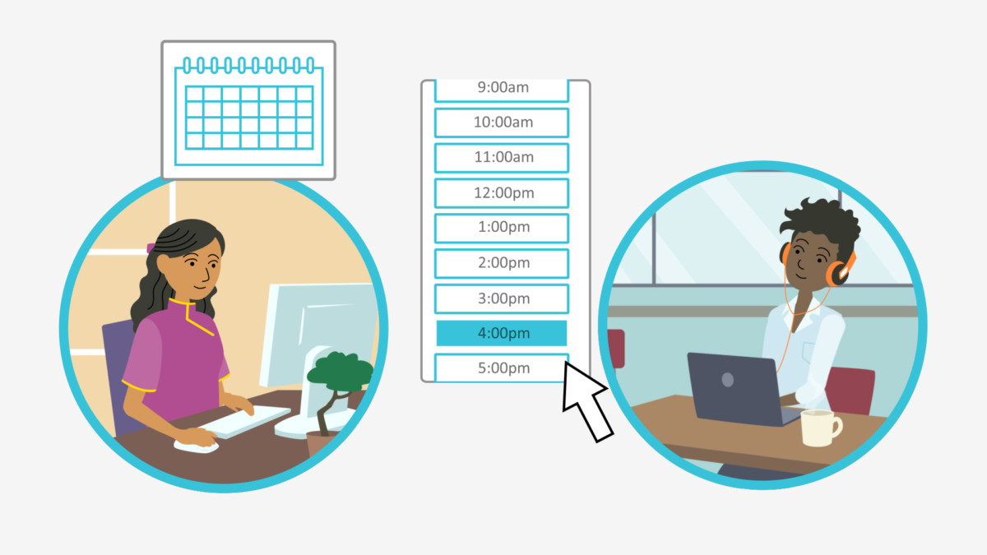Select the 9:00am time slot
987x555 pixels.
click(x=502, y=90)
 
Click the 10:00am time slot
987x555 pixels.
click(x=502, y=123)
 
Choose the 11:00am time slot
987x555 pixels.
click(x=502, y=158)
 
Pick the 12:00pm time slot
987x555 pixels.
click(x=502, y=193)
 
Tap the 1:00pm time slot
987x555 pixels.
click(x=502, y=229)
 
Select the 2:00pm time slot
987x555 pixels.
click(x=502, y=263)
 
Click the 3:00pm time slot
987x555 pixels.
click(x=502, y=298)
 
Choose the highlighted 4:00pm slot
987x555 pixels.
click(x=502, y=333)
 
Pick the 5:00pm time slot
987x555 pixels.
click(x=502, y=368)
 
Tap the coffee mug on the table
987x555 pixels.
click(x=819, y=428)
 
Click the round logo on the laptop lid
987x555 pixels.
click(x=727, y=379)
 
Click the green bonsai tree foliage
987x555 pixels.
click(x=341, y=372)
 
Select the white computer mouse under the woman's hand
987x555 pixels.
click(x=196, y=446)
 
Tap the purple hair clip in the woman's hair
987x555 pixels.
click(x=151, y=248)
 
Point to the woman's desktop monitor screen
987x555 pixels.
click(x=318, y=335)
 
